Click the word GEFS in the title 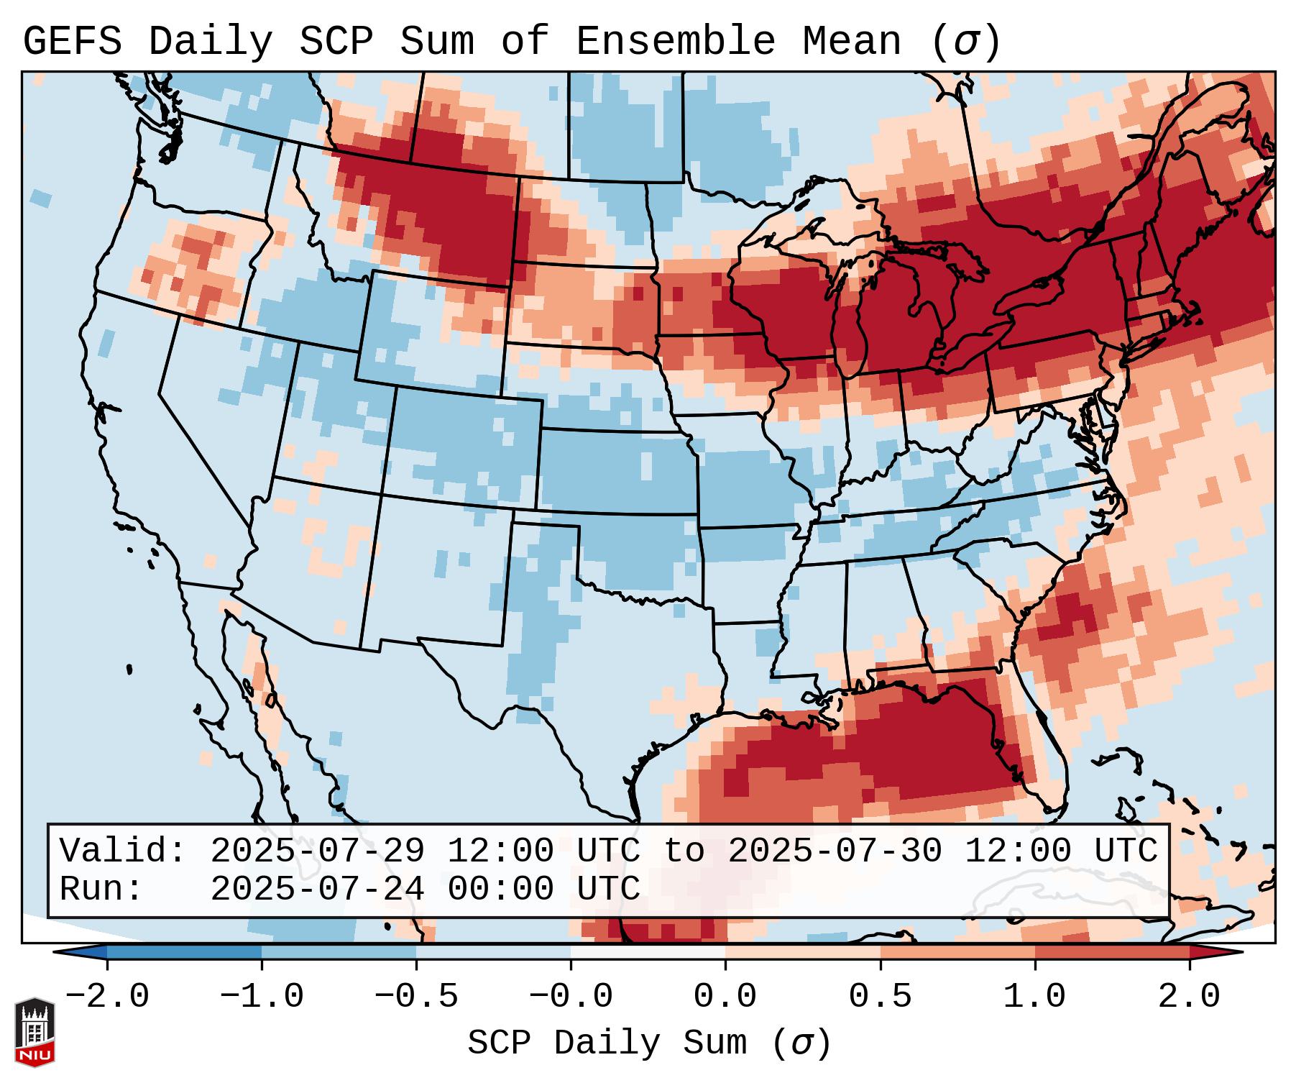click(x=73, y=41)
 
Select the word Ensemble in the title click(x=676, y=41)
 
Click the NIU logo click(x=35, y=1032)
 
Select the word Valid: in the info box click(x=123, y=851)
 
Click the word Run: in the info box click(x=101, y=889)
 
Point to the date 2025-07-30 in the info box click(x=835, y=851)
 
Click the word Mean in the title click(x=851, y=41)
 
